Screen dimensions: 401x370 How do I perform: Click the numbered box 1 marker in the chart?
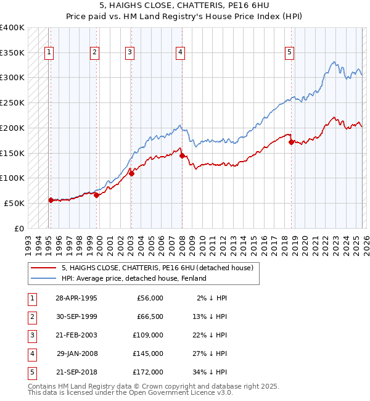pos(49,53)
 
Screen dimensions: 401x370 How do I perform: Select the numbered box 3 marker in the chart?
pos(130,53)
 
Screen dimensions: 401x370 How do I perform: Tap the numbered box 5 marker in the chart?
pos(289,53)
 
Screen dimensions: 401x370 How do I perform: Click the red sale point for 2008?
pos(182,155)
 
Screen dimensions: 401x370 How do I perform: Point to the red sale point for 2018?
pos(291,142)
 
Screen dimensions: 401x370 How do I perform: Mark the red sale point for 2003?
pos(131,173)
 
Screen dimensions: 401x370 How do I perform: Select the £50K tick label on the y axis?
pos(14,203)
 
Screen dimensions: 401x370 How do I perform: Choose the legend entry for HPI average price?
pos(133,278)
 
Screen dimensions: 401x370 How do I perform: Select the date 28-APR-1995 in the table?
pos(76,298)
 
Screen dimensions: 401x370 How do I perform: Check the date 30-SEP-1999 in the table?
pos(76,316)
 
